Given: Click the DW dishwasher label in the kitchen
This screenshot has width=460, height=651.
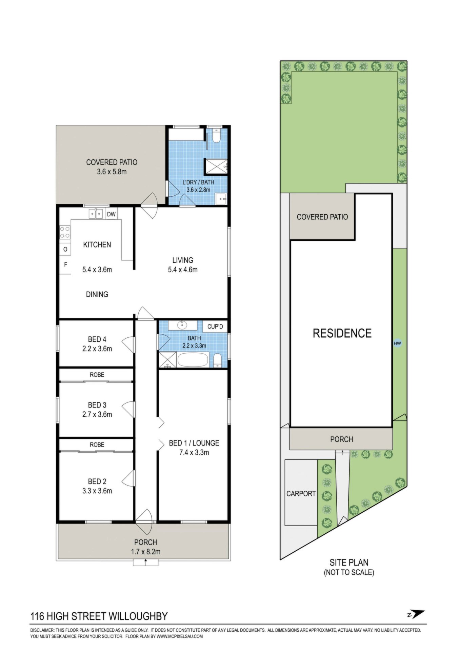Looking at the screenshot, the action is coord(111,214).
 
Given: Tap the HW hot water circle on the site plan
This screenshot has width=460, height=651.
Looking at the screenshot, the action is coord(397,343).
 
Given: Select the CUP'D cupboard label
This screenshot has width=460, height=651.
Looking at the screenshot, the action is coord(215,327).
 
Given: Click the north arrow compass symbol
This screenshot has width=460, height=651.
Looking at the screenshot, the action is coord(416,614).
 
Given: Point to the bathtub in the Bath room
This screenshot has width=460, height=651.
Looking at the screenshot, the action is coord(193,360).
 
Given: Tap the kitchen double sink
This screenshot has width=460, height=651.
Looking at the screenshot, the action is coord(96,214).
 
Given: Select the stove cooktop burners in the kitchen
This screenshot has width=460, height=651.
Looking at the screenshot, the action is coord(65,232).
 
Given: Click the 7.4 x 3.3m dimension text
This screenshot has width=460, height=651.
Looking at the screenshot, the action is coord(194,452).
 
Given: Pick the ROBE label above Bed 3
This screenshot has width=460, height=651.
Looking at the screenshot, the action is coord(97,375).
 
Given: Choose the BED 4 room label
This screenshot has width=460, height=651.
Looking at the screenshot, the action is coord(97,339).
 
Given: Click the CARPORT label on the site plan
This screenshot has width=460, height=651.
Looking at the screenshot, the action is coord(301,494).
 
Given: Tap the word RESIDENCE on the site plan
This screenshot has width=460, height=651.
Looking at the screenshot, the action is coord(342,333).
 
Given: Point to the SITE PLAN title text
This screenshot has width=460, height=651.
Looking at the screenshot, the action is coord(349,563).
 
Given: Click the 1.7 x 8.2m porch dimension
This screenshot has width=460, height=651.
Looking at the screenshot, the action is coord(146,552).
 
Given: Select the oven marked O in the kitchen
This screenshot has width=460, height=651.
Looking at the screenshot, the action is coord(65,250).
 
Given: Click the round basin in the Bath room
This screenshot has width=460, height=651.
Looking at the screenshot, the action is coord(182,325).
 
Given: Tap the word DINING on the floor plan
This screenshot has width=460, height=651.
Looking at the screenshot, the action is coord(97,294).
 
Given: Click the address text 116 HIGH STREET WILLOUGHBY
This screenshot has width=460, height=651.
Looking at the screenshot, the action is coord(99,616).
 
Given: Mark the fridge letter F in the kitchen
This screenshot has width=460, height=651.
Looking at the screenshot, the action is coord(66,264).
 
